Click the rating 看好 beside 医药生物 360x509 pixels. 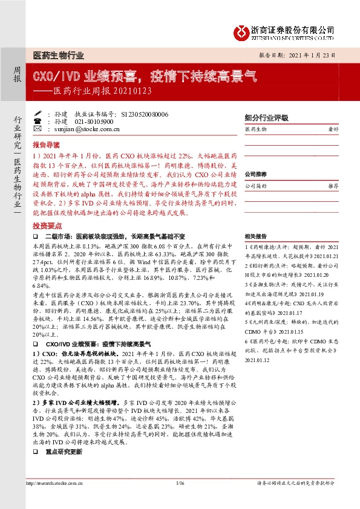tap(332, 129)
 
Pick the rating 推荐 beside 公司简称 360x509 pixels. tap(332, 187)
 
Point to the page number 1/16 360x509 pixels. tap(179, 483)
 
